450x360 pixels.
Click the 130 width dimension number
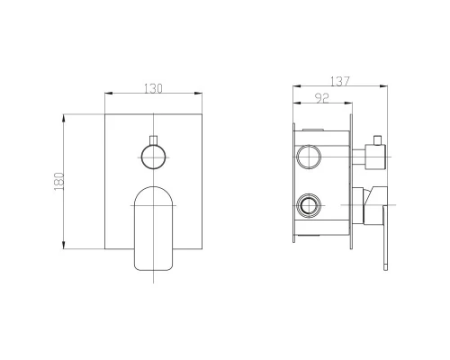(x=153, y=89)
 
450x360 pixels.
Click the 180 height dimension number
(x=59, y=181)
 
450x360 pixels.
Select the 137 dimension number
(x=340, y=81)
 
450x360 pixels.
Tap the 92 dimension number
(x=322, y=98)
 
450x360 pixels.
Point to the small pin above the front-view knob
(x=153, y=140)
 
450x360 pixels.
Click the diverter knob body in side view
(x=375, y=157)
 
